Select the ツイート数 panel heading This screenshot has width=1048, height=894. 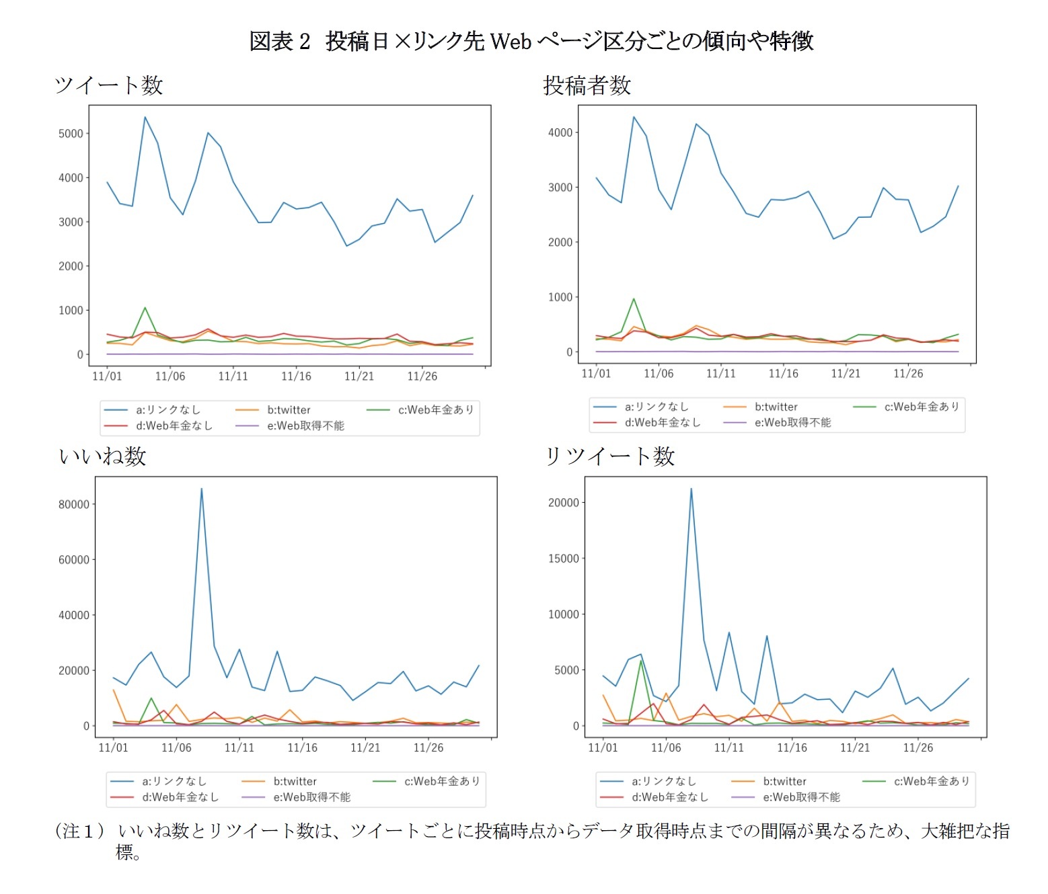pos(108,85)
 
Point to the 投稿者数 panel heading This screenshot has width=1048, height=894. pos(587,85)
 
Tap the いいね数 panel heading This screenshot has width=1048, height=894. pos(102,456)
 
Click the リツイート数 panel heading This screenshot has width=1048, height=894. pos(609,456)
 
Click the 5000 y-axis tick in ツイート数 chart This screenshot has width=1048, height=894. pos(71,134)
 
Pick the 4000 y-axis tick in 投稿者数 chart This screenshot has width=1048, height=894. pos(560,132)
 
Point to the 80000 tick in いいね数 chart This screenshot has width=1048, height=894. pos(73,504)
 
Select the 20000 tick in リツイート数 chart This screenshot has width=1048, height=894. pos(563,502)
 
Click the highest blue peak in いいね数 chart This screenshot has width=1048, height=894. pos(202,489)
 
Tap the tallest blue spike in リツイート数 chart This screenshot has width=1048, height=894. pos(691,489)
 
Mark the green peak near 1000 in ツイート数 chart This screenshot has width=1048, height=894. pos(145,309)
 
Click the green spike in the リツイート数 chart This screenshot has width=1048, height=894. pos(641,661)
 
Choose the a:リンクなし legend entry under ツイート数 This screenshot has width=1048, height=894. pos(167,409)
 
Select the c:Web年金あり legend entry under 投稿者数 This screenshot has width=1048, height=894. pos(921,407)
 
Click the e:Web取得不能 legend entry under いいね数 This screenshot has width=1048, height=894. pos(311,797)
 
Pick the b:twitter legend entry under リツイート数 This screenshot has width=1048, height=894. pos(784,781)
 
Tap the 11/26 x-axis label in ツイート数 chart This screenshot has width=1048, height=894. pos(422,376)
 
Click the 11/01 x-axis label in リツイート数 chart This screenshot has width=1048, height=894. pos(603,747)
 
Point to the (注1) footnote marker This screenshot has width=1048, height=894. pos(79,831)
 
